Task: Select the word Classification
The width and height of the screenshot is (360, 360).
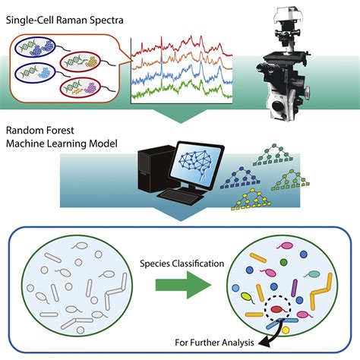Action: (198, 264)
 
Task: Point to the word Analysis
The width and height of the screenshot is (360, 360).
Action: (238, 343)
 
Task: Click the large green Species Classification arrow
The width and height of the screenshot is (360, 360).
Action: (183, 285)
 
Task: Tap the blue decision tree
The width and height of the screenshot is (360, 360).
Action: (240, 178)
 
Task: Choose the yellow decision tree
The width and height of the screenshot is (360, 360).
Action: (251, 199)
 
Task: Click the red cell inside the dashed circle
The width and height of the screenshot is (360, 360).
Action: (276, 309)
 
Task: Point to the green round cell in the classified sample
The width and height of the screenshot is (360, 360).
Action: (283, 262)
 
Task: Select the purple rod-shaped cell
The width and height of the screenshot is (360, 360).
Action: (294, 288)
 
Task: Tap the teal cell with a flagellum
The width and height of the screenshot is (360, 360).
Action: (313, 274)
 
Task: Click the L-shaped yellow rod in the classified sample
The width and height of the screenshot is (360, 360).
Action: (321, 291)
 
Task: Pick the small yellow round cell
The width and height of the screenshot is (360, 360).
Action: (286, 330)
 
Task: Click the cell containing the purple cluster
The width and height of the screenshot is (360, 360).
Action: (81, 88)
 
